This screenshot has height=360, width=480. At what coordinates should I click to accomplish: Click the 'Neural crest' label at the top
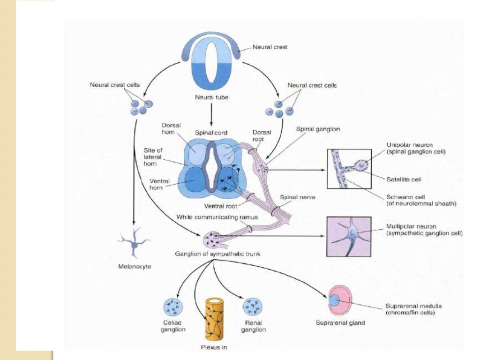[270, 47]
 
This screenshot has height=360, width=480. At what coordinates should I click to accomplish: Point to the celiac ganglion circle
[173, 308]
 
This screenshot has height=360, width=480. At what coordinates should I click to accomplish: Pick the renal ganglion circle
[252, 308]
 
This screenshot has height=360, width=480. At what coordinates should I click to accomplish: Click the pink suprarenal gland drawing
[340, 300]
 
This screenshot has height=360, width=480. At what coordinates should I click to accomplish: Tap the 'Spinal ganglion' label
[318, 129]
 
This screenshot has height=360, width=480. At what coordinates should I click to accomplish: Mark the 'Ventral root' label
[220, 205]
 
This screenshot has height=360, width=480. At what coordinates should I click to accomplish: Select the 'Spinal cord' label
[211, 133]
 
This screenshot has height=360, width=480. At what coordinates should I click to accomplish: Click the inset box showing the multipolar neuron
[348, 237]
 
